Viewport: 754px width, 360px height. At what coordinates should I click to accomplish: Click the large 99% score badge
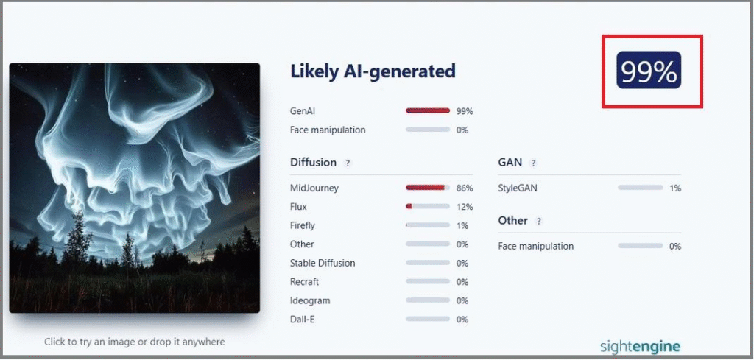point(649,70)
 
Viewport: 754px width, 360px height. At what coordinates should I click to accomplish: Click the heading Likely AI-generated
point(373,71)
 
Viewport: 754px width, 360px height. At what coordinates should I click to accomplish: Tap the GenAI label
point(303,111)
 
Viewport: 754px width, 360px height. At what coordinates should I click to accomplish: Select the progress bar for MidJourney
point(428,188)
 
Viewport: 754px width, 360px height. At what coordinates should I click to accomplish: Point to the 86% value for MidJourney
point(465,188)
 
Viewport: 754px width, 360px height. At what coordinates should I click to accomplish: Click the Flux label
point(298,207)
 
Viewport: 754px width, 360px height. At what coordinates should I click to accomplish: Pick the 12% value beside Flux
point(465,207)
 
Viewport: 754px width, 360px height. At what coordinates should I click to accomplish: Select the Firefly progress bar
point(428,225)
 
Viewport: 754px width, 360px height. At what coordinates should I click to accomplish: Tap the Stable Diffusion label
point(323,263)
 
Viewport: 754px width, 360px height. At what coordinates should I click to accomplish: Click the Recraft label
point(304,282)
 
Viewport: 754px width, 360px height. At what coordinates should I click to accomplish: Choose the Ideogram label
point(310,301)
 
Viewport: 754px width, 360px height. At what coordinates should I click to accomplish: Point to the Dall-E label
point(303,320)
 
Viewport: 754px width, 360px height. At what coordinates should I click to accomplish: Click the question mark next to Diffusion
point(348,163)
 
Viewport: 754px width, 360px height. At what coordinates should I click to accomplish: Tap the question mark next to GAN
point(533,163)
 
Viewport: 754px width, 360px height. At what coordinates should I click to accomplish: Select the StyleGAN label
point(518,188)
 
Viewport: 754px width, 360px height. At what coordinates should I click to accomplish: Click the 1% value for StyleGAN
point(675,188)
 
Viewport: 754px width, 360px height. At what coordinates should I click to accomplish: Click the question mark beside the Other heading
point(538,221)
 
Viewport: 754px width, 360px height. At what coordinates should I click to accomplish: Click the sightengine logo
point(640,346)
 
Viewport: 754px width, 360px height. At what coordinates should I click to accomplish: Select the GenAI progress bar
point(428,110)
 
